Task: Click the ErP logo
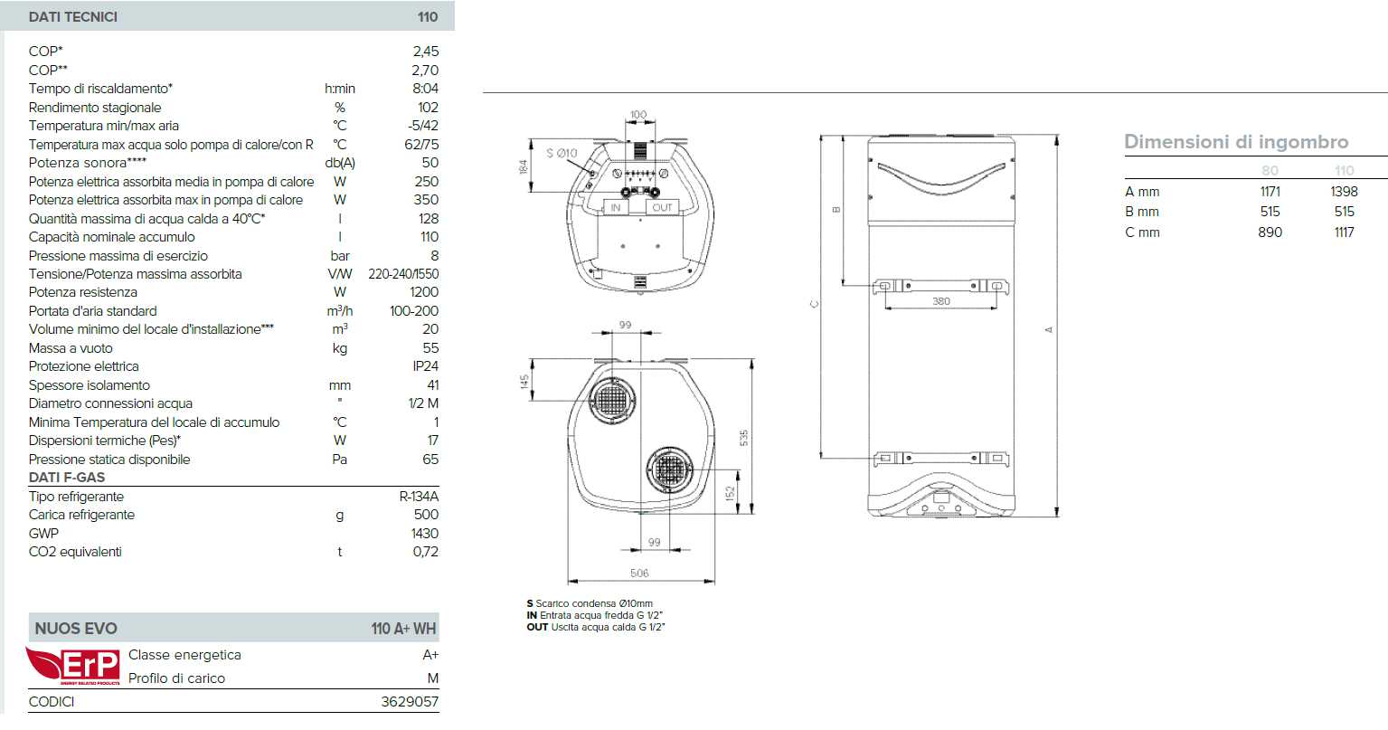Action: (x=73, y=666)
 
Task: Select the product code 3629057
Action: (x=410, y=701)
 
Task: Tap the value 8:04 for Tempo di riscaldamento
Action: (x=426, y=89)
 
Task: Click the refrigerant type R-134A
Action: (x=419, y=497)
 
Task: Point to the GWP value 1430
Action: (x=424, y=534)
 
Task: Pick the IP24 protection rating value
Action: (x=426, y=366)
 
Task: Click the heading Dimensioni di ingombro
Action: (x=1236, y=142)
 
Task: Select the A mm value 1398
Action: (x=1344, y=192)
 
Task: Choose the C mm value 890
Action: (x=1270, y=232)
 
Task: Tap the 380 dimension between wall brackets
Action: (x=941, y=301)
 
